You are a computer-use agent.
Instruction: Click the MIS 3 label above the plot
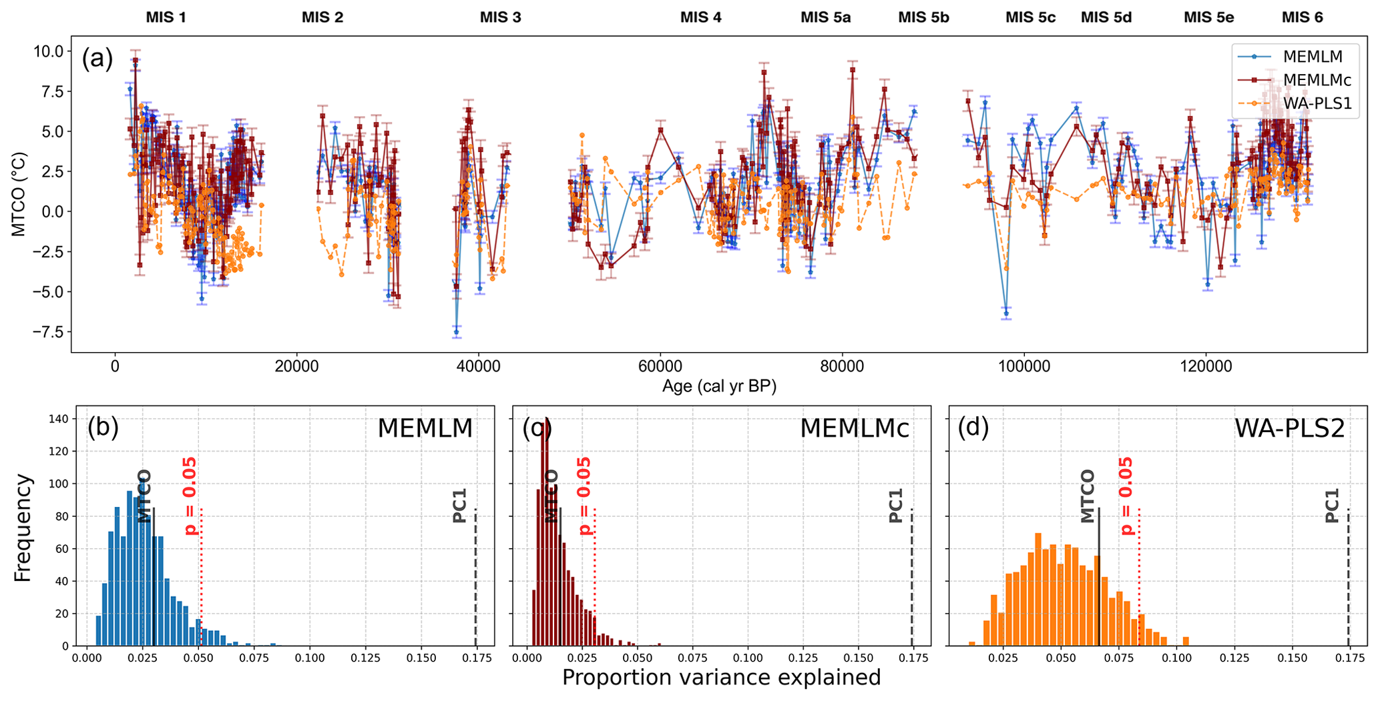pyautogui.click(x=500, y=17)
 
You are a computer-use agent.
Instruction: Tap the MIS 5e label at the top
pyautogui.click(x=1208, y=17)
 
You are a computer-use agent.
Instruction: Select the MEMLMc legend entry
pyautogui.click(x=1317, y=81)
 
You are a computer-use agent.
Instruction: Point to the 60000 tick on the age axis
pyautogui.click(x=660, y=366)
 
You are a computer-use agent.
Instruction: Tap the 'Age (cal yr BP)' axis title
pyautogui.click(x=719, y=386)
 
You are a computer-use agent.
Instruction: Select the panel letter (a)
pyautogui.click(x=97, y=59)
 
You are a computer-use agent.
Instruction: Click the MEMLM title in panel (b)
pyautogui.click(x=425, y=428)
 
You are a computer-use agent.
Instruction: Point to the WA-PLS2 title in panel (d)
pyautogui.click(x=1289, y=428)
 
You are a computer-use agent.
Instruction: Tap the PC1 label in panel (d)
pyautogui.click(x=1332, y=506)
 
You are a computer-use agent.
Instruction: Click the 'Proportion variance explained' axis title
pyautogui.click(x=721, y=678)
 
